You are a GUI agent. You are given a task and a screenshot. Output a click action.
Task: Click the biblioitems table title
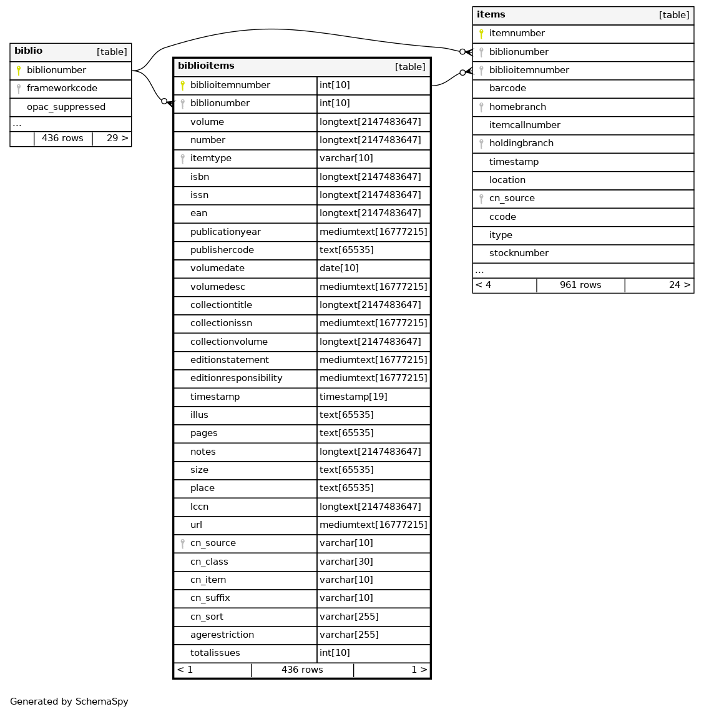coord(206,66)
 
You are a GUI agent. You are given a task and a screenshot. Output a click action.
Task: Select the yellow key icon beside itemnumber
coord(481,34)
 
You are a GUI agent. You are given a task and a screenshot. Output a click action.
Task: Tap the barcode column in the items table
coord(507,89)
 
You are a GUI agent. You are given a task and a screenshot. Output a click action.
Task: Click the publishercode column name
coord(222,250)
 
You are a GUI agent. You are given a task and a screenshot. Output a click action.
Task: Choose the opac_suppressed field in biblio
coord(66,107)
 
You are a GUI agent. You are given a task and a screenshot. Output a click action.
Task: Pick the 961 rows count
coord(580,285)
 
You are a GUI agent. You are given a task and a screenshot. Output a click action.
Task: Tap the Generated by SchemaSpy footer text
coord(69,702)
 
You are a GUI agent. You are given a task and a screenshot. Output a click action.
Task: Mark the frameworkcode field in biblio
coord(62,89)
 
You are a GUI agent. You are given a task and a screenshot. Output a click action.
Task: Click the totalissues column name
coord(215,653)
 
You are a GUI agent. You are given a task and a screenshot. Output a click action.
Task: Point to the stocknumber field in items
coord(519,254)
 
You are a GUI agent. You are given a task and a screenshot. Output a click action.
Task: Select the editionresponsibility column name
coord(236,379)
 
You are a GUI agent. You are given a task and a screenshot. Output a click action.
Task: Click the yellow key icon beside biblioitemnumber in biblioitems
coord(182,86)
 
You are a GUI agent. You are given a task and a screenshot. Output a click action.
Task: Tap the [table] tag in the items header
coord(674,15)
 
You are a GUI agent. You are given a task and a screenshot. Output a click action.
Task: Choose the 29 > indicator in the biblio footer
coord(117,138)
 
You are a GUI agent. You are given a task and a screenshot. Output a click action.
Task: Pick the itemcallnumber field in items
coord(524,125)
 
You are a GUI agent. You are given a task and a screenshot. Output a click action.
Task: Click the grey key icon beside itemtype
coord(182,159)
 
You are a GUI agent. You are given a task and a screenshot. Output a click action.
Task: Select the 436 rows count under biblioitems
coord(302,670)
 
